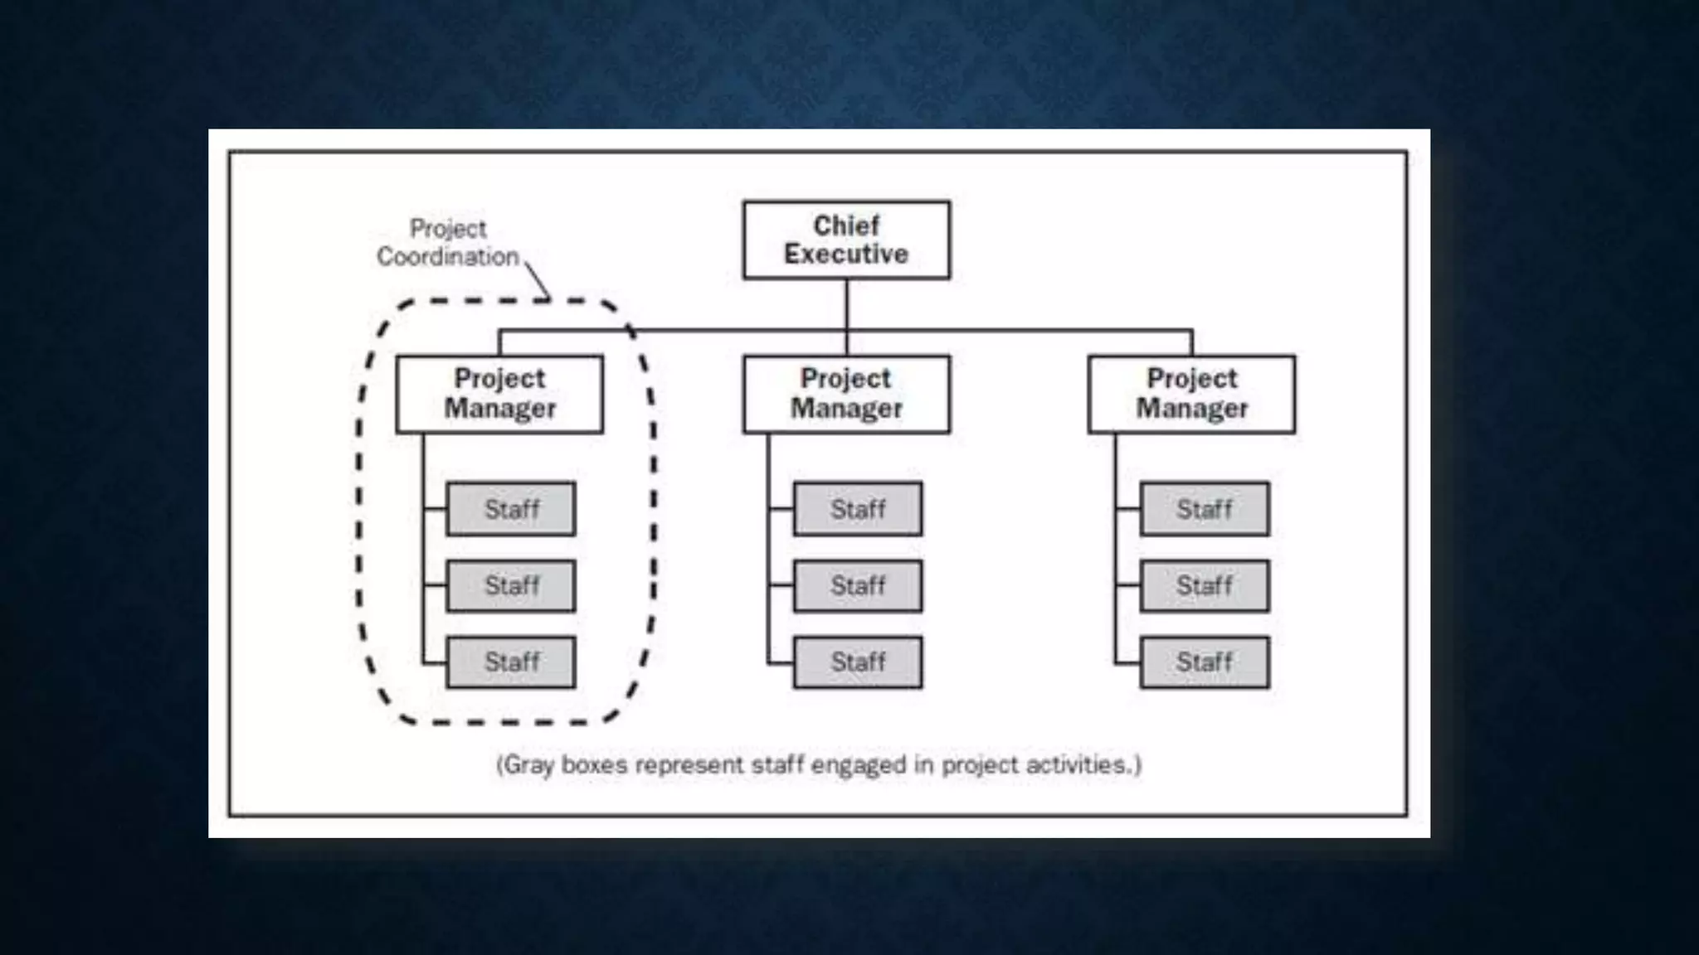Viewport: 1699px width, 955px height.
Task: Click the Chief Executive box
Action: coord(846,240)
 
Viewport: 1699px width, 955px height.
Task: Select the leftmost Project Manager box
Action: coord(499,394)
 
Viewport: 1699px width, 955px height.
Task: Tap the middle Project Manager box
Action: coord(846,394)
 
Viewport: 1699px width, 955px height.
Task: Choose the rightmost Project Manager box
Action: coord(1191,394)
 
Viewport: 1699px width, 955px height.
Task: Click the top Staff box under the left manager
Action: coord(511,508)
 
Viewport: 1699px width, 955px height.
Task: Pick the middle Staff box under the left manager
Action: coord(511,585)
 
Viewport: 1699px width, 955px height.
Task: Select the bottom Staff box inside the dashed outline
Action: coord(511,662)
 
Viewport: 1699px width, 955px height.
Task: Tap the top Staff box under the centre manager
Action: coord(858,508)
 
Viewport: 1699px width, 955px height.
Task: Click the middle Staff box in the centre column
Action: coord(858,585)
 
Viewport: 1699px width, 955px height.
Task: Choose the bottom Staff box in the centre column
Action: coord(858,662)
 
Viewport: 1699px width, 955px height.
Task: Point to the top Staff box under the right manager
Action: coord(1205,508)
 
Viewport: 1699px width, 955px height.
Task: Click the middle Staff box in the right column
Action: coord(1205,585)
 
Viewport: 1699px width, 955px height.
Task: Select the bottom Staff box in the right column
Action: coord(1205,662)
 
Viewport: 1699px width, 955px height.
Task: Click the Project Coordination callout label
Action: coord(448,242)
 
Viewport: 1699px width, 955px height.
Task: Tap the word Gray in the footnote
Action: coord(528,764)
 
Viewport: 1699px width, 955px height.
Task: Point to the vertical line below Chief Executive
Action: coord(847,305)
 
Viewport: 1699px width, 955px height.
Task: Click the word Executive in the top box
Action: coord(846,254)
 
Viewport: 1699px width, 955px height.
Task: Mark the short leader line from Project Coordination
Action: coord(538,280)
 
